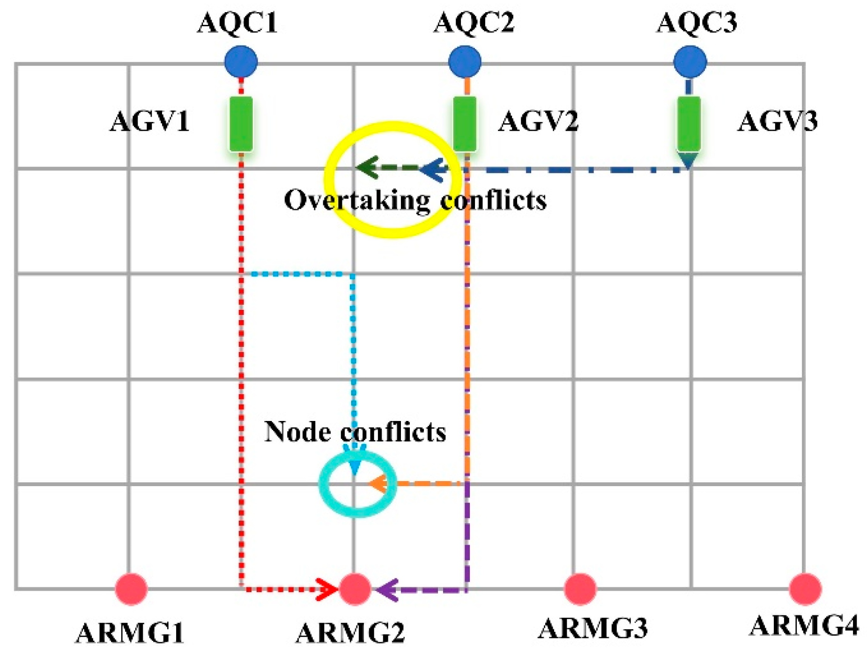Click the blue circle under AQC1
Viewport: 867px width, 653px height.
(241, 61)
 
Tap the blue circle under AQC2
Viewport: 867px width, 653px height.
(464, 61)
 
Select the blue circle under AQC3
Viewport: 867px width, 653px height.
(689, 61)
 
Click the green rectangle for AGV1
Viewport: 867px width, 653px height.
(241, 124)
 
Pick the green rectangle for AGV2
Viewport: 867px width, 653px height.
(465, 124)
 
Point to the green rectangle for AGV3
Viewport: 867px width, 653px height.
(689, 124)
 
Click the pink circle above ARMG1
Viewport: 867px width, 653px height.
(131, 589)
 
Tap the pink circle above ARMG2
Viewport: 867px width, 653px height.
(355, 589)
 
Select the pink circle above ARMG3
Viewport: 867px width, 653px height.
(580, 589)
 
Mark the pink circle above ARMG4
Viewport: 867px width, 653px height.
(805, 589)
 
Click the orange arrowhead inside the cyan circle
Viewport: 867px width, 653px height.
(378, 483)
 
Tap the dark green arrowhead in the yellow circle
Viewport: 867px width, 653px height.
(367, 167)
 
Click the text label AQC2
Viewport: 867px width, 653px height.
(474, 23)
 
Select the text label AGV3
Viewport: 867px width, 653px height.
(777, 122)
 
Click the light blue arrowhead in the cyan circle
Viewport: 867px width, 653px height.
(355, 468)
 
